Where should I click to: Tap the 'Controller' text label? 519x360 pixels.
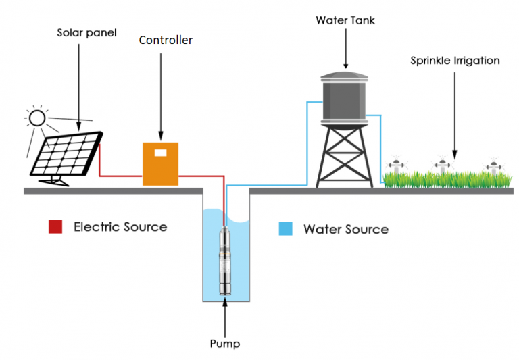coord(166,41)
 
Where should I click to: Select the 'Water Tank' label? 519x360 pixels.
coord(345,20)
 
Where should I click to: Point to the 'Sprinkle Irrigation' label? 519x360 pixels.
coord(455,61)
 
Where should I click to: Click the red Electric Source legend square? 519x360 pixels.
coord(55,227)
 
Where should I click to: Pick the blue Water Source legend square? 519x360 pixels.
coord(286,228)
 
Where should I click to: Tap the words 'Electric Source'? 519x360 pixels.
coord(120,227)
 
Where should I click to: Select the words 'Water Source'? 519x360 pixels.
coord(346,229)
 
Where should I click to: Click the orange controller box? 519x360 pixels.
coord(160,163)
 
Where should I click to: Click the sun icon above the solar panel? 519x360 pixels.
coord(36,120)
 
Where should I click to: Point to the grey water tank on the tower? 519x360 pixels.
coord(345,97)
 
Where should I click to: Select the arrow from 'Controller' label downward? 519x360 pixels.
coord(161,95)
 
